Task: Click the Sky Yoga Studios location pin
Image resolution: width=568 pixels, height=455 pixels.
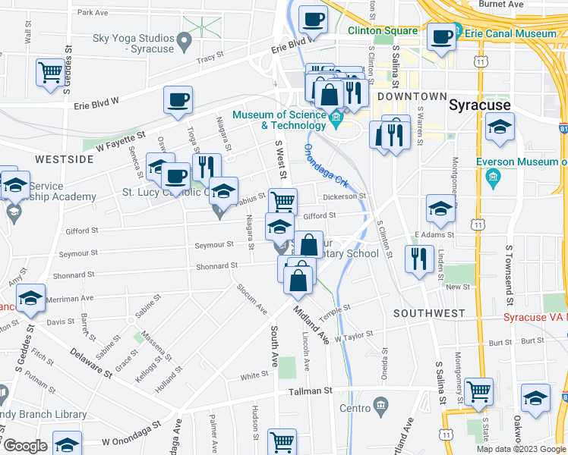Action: [x=183, y=39]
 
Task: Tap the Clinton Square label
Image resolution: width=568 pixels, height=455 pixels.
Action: [x=383, y=30]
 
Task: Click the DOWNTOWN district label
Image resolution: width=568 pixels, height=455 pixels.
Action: [x=412, y=96]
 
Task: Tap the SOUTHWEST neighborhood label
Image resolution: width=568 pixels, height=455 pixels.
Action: [x=429, y=312]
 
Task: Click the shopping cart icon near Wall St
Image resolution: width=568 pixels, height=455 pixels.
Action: [x=50, y=73]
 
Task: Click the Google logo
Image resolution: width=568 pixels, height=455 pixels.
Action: [x=24, y=446]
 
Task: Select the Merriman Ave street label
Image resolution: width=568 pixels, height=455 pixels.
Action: [x=69, y=300]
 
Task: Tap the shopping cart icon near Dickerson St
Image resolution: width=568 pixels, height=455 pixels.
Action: [x=282, y=202]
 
